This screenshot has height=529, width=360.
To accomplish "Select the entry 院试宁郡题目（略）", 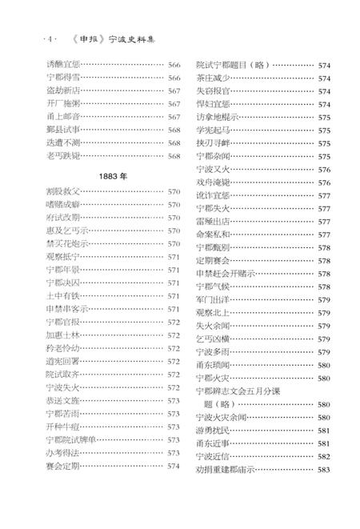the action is tap(233, 65).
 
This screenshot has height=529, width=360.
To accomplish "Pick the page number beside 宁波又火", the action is tap(324, 169).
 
